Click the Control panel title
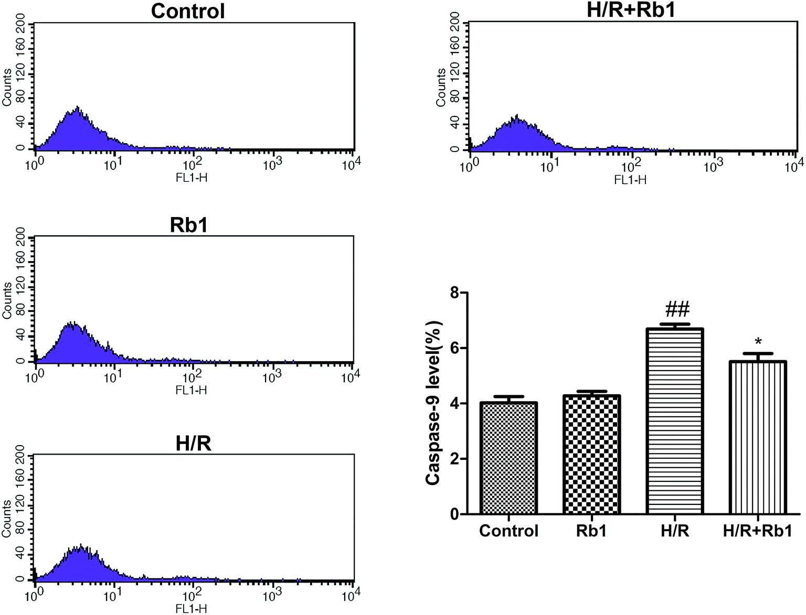click(188, 11)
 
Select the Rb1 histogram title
click(189, 225)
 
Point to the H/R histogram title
click(193, 444)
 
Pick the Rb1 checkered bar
click(591, 454)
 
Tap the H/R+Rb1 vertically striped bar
click(758, 437)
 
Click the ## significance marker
click(677, 310)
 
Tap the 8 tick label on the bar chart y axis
click(454, 293)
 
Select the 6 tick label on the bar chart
click(454, 349)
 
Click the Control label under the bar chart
click(508, 531)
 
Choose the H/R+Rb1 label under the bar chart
click(757, 531)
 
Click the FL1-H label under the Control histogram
click(191, 178)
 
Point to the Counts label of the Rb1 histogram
click(7, 300)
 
